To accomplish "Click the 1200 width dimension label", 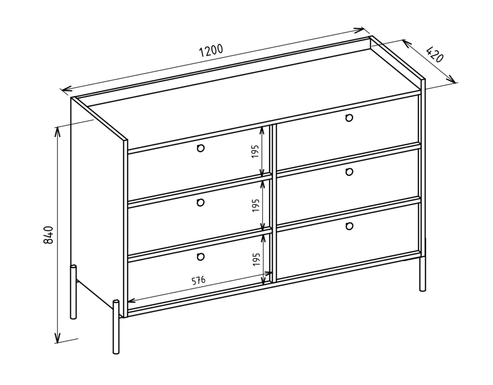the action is [x=211, y=51].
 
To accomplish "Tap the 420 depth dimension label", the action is [x=435, y=54].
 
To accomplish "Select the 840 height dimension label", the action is [x=49, y=235].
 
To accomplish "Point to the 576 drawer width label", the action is [x=199, y=280].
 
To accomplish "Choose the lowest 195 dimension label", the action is [x=256, y=259].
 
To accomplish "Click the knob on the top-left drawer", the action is [x=201, y=148].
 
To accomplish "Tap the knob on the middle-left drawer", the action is [x=200, y=202].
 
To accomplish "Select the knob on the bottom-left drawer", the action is [x=200, y=256].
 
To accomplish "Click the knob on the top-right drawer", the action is [x=349, y=118].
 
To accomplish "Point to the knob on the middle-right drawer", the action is [x=349, y=172].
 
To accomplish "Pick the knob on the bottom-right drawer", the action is [x=349, y=226].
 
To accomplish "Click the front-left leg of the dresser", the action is [x=116, y=327].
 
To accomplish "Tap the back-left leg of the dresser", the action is [x=73, y=292].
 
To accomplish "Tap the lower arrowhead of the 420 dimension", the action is [x=452, y=79].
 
